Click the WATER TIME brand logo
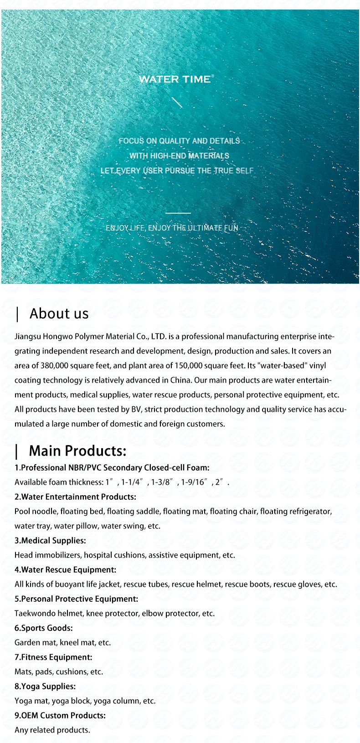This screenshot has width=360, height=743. coord(175,79)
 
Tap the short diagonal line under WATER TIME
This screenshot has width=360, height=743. coord(177,102)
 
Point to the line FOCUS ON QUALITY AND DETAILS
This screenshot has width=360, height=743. coord(179,141)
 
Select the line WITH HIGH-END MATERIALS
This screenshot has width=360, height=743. coord(179,156)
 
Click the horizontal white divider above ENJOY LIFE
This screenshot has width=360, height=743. coord(178,213)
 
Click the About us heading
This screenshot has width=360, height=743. coord(59,313)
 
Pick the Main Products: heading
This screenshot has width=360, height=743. coord(77,451)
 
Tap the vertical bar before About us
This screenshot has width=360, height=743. coord(17,314)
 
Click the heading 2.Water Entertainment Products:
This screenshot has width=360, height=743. coord(75,497)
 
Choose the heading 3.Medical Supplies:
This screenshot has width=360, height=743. coord(50,540)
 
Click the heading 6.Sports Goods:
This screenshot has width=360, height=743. coord(43,628)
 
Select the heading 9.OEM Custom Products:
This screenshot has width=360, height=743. coord(60,715)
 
